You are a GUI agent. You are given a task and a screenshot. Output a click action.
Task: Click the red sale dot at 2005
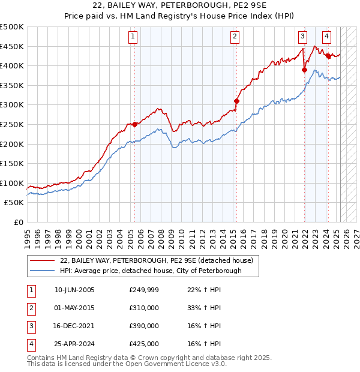tap(134, 124)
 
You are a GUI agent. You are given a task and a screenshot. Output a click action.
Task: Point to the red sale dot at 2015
tap(236, 101)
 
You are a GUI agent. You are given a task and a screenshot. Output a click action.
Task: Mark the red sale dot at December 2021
tap(304, 70)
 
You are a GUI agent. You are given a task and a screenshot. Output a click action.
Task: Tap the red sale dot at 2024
tap(328, 56)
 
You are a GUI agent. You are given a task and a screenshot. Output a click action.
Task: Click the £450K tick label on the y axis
tap(12, 46)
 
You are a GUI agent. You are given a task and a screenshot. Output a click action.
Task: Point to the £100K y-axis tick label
tap(12, 183)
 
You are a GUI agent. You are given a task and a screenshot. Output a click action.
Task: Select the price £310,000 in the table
tap(144, 308)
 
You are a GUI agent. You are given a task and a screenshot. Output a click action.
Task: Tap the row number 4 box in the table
tap(31, 344)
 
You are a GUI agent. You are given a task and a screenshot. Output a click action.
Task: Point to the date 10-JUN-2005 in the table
tap(74, 290)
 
